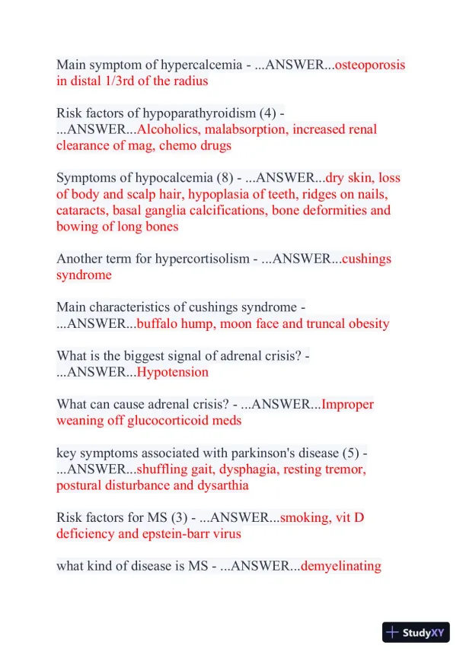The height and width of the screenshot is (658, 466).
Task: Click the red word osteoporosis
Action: pos(370,65)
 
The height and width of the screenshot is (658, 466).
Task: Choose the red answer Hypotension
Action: pos(172,372)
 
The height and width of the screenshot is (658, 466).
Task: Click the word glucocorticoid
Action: pos(158,420)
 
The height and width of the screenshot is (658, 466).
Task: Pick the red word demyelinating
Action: pos(341,566)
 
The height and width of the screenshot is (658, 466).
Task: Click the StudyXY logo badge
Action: pos(416,632)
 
